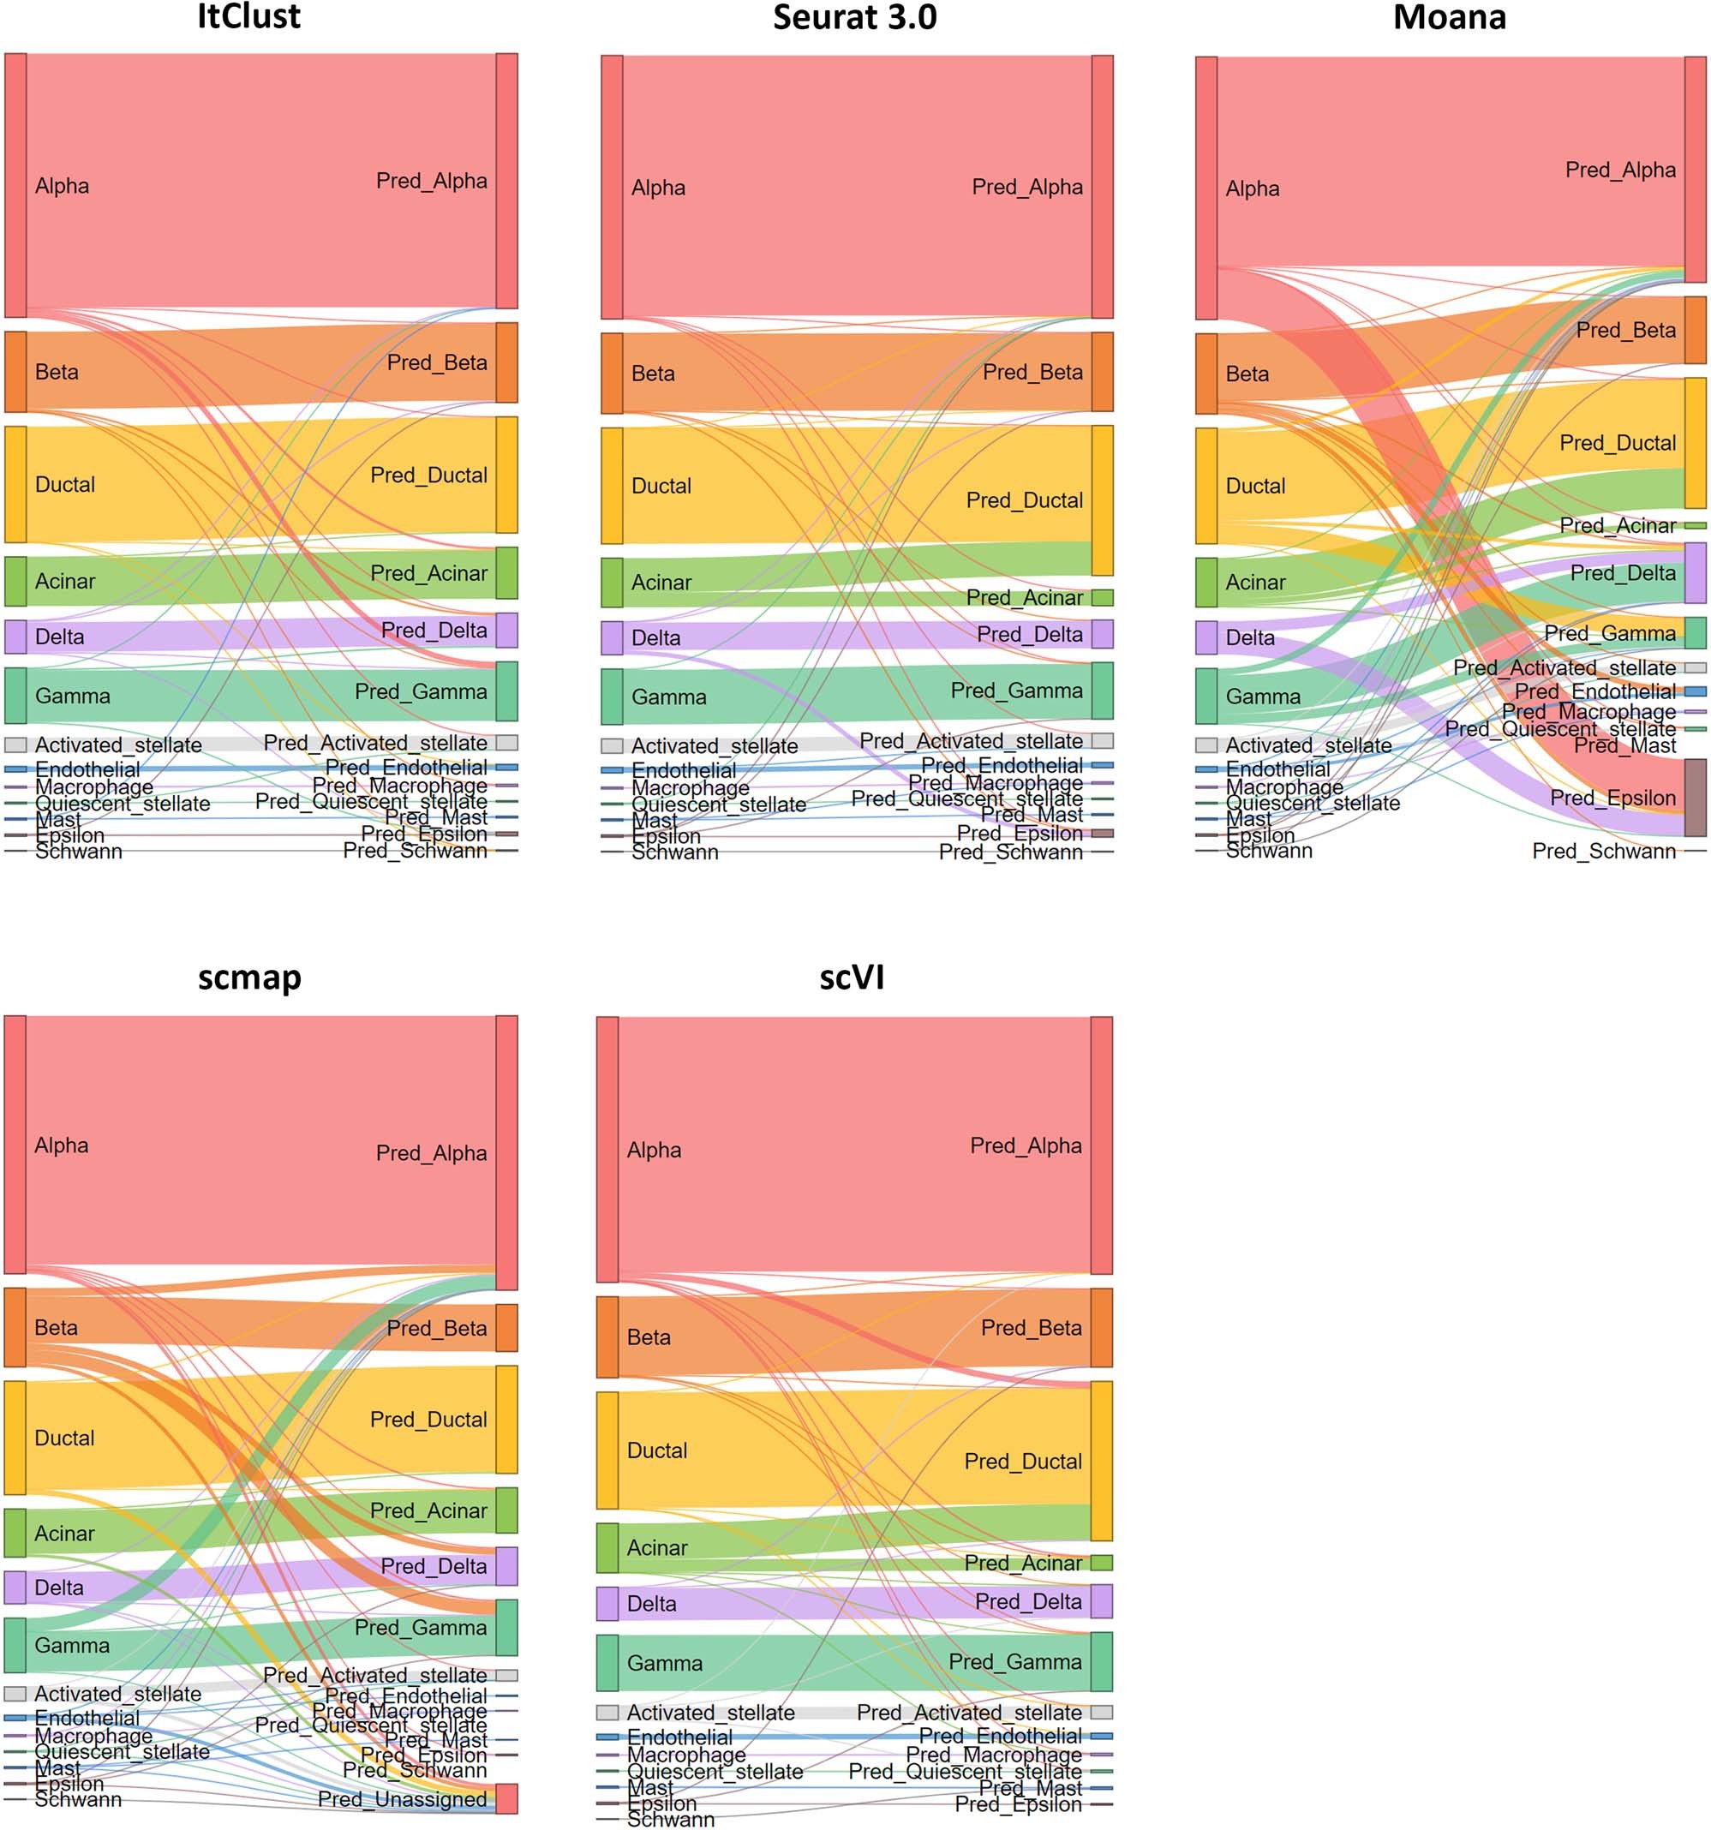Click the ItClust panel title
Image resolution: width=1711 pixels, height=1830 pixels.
coord(248,17)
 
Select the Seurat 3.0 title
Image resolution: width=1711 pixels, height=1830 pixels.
coord(854,17)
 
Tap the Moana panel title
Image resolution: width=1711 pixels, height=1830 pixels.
coord(1450,17)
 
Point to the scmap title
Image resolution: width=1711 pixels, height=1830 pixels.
coord(249,977)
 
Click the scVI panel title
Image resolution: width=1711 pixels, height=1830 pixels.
coord(852,977)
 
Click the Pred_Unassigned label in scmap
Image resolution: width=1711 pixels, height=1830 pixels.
coord(402,1798)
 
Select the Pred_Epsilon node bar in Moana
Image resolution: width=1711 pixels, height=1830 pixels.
coord(1696,797)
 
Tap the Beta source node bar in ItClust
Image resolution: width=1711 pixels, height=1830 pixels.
coord(15,372)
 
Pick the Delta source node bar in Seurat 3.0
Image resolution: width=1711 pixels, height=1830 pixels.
coord(612,638)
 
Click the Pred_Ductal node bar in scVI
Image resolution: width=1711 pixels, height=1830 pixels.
coord(1102,1461)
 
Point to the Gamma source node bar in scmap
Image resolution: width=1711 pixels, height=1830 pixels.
coord(15,1645)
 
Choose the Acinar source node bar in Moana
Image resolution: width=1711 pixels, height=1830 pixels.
coord(1206,583)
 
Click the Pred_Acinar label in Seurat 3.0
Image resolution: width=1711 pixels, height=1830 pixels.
coord(1025,598)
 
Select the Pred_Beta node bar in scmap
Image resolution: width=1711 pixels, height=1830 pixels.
coord(506,1327)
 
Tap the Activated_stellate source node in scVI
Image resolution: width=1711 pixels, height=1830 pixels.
coord(607,1712)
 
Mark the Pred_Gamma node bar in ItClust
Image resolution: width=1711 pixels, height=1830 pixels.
coord(506,691)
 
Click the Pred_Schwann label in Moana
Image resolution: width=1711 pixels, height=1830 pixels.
coord(1603,852)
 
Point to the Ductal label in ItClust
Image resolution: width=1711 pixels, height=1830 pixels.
coord(65,485)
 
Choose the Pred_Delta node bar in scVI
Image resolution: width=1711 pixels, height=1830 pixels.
coord(1102,1602)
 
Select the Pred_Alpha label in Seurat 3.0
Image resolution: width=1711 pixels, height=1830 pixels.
coord(1027,187)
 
